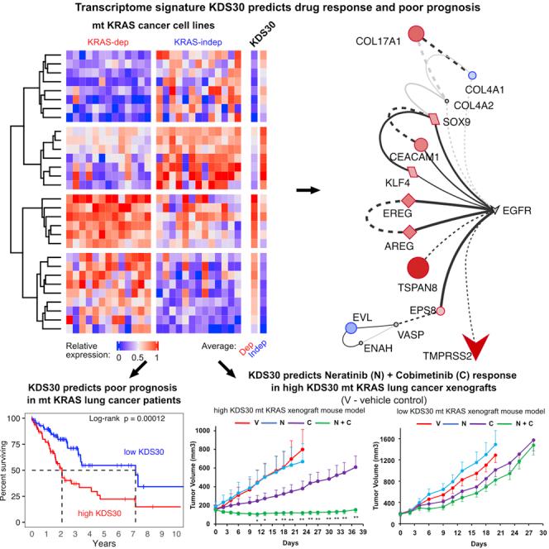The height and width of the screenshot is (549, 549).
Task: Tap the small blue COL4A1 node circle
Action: (x=473, y=75)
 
